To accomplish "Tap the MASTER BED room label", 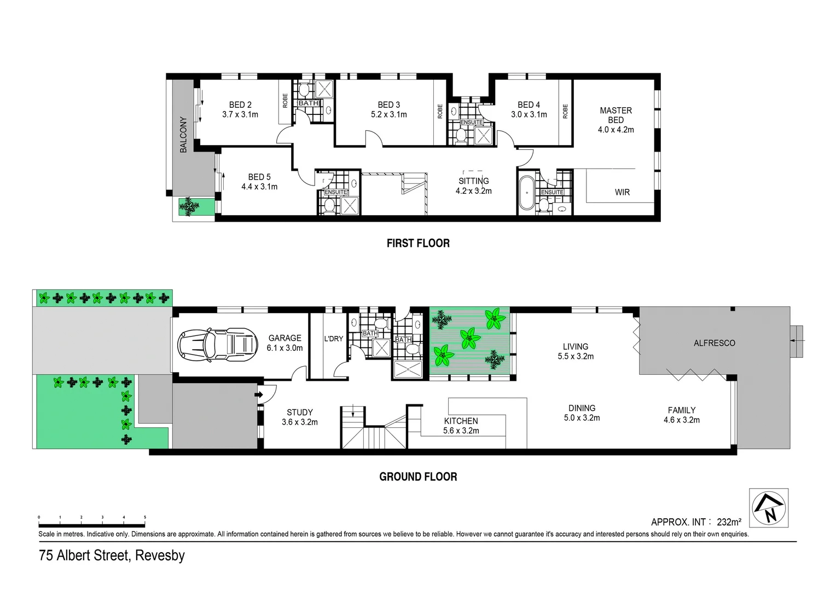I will (616, 115).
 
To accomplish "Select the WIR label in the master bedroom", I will (622, 192).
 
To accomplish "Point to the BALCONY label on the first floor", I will (183, 135).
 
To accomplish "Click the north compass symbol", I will (769, 508).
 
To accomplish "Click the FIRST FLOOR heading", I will (418, 244).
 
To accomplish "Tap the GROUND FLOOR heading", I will (418, 477).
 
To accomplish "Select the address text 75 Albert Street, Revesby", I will (112, 555).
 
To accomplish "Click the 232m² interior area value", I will (729, 522).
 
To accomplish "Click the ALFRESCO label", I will (714, 343).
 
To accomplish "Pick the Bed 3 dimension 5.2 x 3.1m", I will (388, 115).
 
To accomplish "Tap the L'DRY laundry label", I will (333, 339).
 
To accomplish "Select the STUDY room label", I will (300, 412).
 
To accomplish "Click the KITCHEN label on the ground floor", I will (461, 421).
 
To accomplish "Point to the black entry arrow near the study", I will (259, 393).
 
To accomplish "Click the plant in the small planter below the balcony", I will (191, 206).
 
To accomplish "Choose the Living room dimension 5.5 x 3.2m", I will (575, 356).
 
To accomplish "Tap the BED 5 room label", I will (259, 177).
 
